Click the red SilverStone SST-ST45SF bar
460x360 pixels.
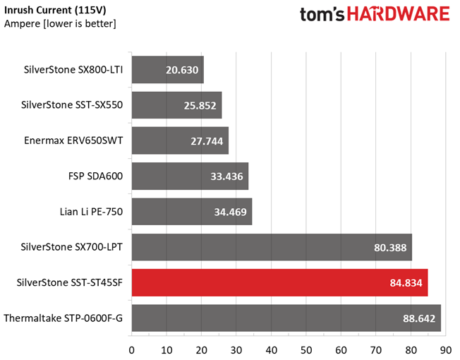coord(279,282)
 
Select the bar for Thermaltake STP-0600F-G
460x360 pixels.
coord(286,318)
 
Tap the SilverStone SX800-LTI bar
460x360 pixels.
coord(168,70)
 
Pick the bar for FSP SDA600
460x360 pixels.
coord(190,176)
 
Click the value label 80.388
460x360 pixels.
coord(390,248)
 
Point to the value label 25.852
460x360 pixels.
coord(200,106)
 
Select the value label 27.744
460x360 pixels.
coord(207,141)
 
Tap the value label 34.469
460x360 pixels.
coord(230,212)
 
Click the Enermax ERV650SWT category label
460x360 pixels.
coord(73,140)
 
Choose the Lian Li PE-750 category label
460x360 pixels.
coord(91,212)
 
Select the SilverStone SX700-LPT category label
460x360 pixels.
coord(71,247)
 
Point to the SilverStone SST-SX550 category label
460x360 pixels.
coord(72,104)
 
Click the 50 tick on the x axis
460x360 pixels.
coord(306,350)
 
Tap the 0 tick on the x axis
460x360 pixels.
coord(132,350)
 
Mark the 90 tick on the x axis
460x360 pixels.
coord(446,350)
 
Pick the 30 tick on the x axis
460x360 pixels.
coord(236,350)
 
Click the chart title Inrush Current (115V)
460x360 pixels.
coord(55,11)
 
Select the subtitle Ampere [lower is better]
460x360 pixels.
coord(60,23)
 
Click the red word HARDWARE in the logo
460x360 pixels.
coord(399,14)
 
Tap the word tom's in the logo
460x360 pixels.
coord(322,15)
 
